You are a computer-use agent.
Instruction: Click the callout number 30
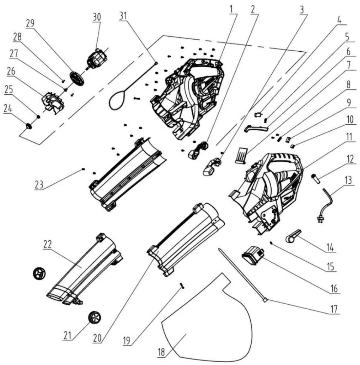97,17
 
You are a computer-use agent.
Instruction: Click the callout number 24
8,109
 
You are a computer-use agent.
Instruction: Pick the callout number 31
123,16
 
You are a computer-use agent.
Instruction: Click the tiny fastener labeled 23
83,169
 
